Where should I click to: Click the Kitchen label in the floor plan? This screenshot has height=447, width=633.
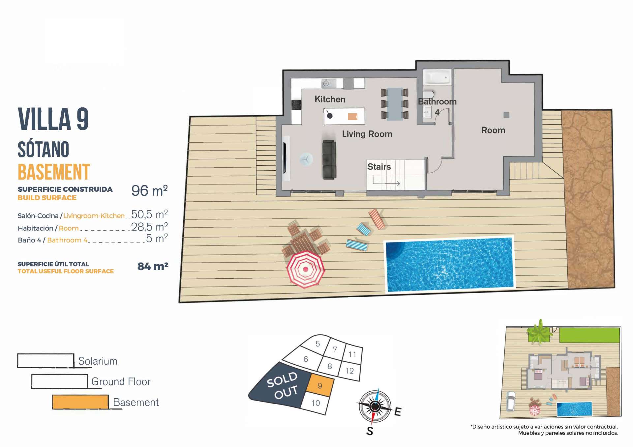click(330, 99)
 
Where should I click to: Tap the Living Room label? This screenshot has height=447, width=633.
click(367, 134)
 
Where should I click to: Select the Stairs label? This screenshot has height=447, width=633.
click(379, 167)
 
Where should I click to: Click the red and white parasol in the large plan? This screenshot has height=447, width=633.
click(306, 269)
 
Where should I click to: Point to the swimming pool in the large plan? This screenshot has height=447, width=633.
click(449, 264)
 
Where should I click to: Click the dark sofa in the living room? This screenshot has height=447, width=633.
click(329, 160)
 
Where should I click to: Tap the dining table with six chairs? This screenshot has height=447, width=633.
click(395, 104)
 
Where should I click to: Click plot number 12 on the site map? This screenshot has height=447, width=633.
click(349, 371)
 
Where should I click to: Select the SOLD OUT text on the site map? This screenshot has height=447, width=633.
click(282, 385)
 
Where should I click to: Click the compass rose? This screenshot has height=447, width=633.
click(375, 406)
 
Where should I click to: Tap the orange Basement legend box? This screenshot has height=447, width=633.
click(80, 402)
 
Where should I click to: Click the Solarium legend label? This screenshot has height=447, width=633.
click(98, 361)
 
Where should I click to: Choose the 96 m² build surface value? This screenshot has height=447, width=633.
click(149, 191)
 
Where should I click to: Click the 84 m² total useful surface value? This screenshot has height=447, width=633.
click(153, 266)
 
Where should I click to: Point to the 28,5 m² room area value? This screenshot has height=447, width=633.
click(149, 227)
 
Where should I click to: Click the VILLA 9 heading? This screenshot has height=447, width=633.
click(53, 119)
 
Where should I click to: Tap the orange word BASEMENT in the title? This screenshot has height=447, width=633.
click(54, 172)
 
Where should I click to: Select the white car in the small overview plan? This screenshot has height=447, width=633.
click(511, 401)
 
